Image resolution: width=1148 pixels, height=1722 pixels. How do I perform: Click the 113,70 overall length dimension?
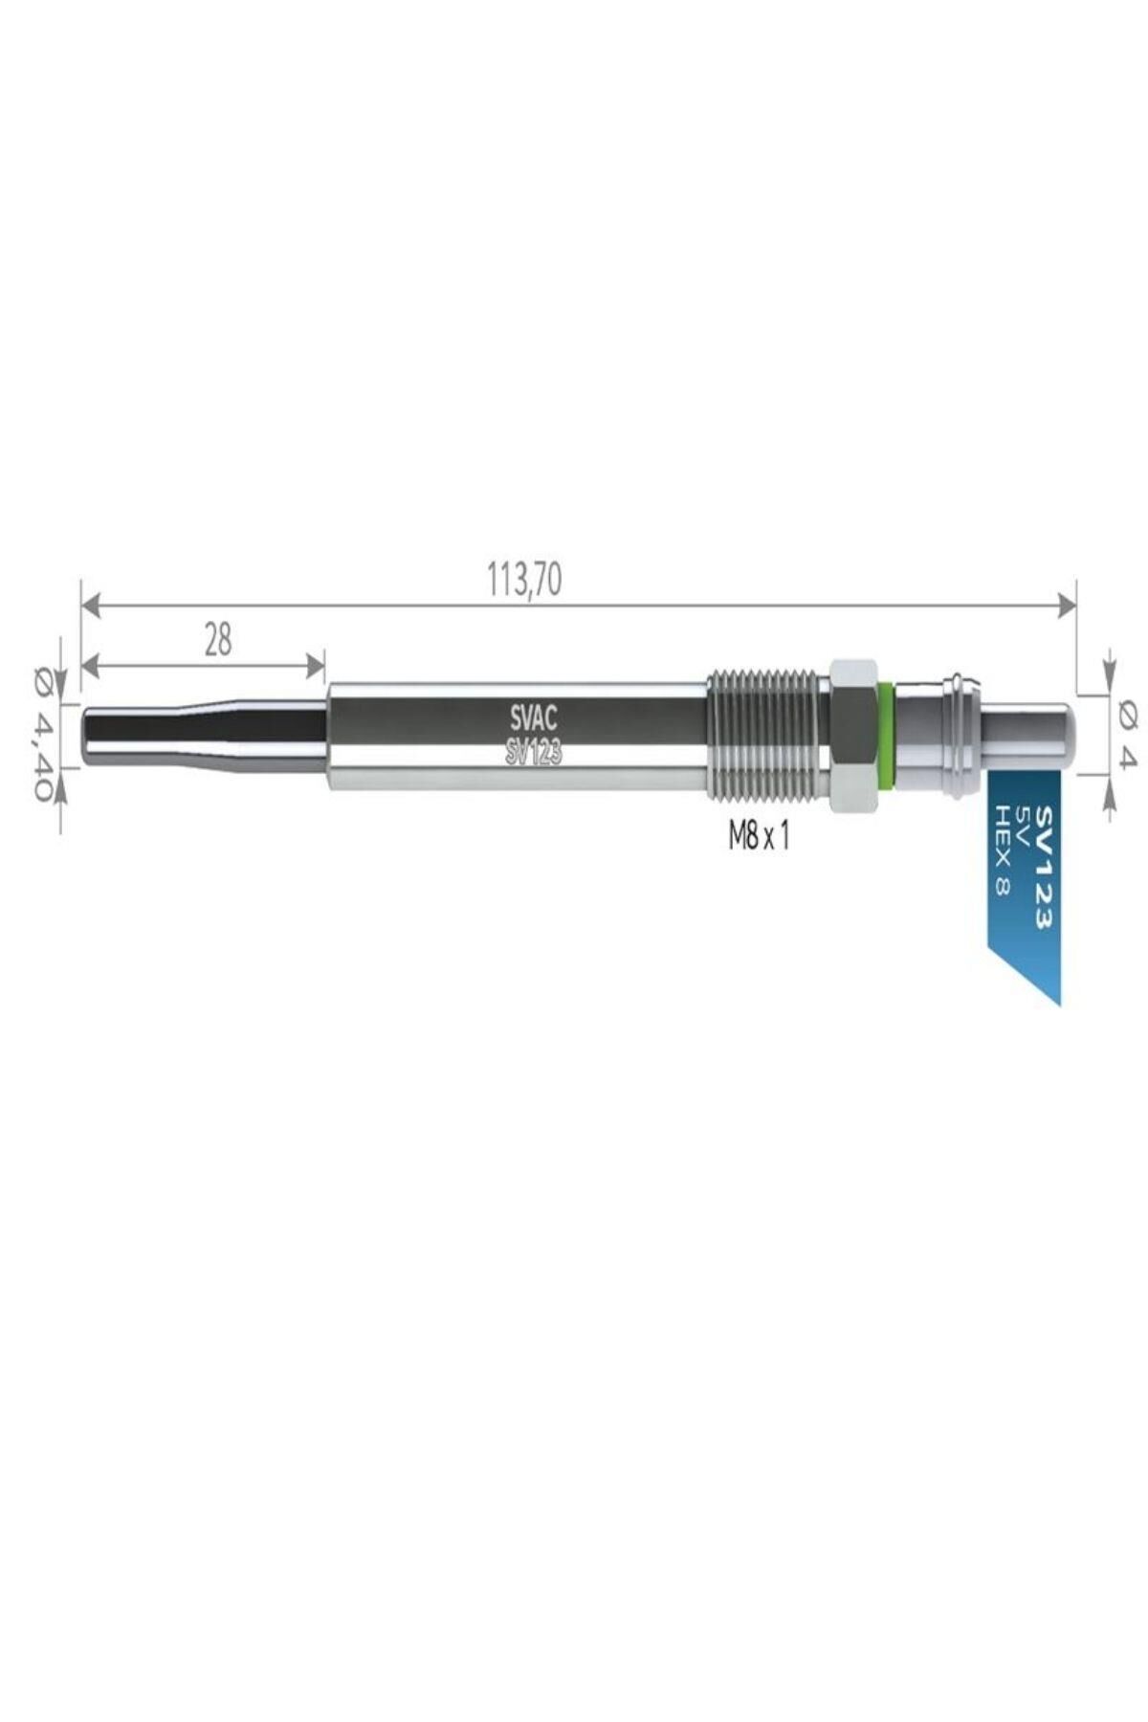point(524,581)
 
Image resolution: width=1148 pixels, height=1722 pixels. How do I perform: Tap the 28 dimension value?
point(218,640)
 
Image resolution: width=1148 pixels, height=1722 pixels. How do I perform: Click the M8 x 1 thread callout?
point(759,838)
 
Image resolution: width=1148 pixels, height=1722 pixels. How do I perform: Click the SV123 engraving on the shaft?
point(533,754)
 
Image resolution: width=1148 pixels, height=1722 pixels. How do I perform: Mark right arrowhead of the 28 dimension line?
point(317,663)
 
